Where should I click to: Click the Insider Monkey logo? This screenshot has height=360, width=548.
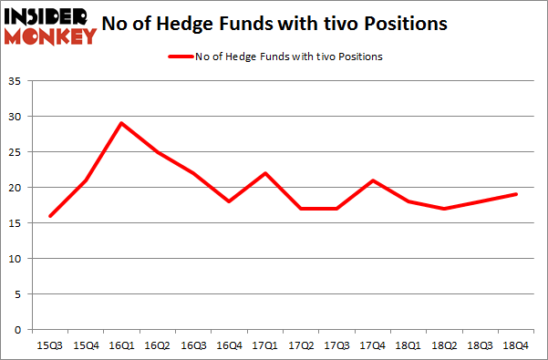coord(50,25)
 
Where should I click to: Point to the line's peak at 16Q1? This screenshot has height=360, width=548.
coord(120,123)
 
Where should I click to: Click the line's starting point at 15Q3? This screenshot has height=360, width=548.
coord(49,216)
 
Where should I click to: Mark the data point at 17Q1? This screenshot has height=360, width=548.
coord(264,173)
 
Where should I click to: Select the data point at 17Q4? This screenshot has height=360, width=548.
coord(373,180)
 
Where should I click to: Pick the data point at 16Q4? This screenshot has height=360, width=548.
coord(229,201)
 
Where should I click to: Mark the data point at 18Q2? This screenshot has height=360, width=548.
coord(446,209)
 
